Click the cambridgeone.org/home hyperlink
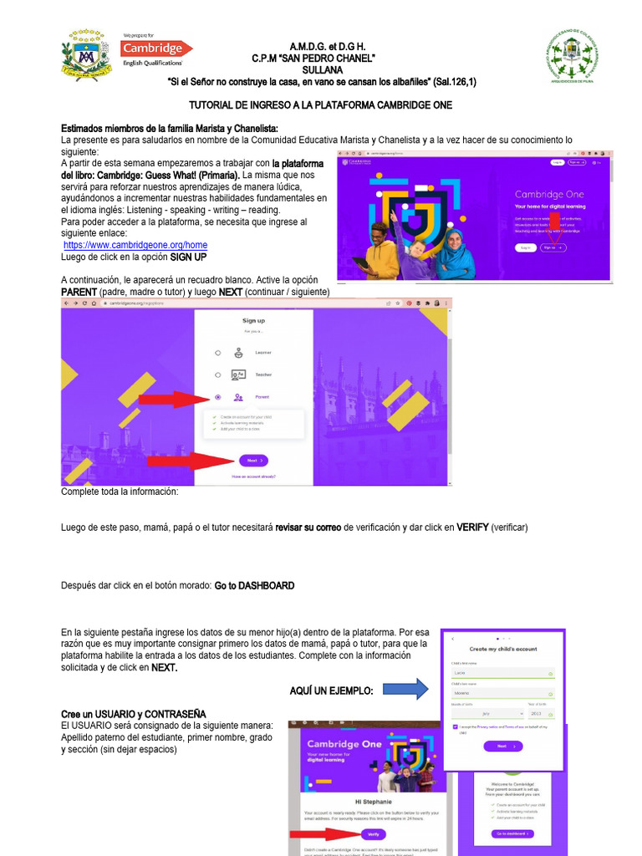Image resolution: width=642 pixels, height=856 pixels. [x=135, y=245]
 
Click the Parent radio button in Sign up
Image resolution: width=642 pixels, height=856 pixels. [x=218, y=398]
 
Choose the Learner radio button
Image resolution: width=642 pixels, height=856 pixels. [x=218, y=353]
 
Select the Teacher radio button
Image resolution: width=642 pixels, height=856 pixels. [x=218, y=375]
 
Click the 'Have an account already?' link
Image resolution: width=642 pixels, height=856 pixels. [x=253, y=476]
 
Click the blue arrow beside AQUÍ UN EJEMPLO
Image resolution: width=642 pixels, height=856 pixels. [x=407, y=689]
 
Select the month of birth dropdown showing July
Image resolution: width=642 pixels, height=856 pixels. [x=488, y=713]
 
